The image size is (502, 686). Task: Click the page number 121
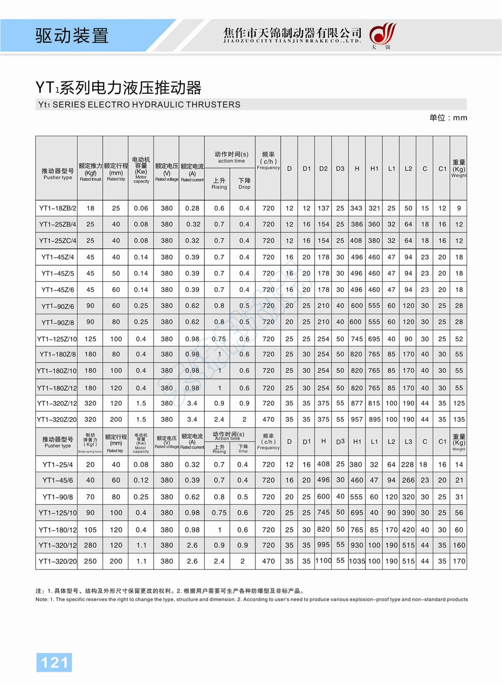(54, 662)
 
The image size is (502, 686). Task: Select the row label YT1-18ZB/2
(57, 208)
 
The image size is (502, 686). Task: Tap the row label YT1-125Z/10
(57, 339)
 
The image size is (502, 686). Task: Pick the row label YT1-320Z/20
(57, 419)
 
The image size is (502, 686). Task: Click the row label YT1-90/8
(57, 497)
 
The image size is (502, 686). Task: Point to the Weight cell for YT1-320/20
(459, 561)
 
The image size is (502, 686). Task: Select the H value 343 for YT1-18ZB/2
(356, 208)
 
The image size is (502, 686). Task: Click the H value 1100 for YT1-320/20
(323, 560)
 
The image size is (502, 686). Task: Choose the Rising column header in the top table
(219, 184)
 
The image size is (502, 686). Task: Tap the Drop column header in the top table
(244, 184)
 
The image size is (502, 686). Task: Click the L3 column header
(408, 442)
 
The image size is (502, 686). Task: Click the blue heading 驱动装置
(72, 36)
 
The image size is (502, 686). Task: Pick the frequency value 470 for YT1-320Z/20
(269, 419)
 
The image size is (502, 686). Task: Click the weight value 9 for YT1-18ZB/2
(459, 208)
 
